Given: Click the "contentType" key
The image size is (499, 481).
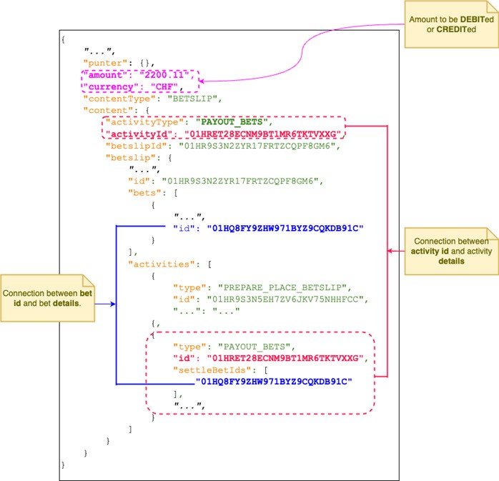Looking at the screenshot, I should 121,99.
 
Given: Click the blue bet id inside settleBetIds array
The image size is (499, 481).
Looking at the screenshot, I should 276,381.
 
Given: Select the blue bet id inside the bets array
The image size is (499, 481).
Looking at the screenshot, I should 285,228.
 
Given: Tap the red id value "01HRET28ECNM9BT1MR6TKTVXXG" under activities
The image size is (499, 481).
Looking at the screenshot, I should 287,357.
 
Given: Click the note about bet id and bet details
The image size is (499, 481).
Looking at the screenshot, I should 46,299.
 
